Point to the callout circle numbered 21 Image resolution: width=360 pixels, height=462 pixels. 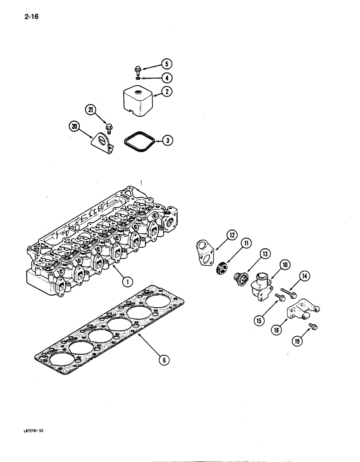point(90,109)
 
